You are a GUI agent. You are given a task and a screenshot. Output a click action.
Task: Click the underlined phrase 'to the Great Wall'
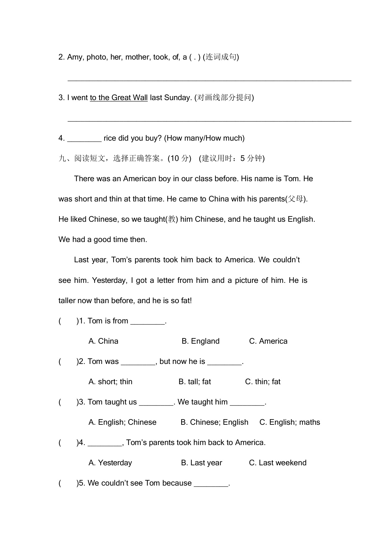pyautogui.click(x=119, y=98)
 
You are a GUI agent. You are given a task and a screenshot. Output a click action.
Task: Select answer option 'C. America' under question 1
pyautogui.click(x=268, y=341)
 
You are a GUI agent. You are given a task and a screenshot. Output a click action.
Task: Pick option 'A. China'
pyautogui.click(x=103, y=341)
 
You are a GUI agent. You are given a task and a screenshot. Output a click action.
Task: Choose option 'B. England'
pyautogui.click(x=201, y=341)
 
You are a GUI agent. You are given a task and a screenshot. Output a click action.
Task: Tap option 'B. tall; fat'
pyautogui.click(x=195, y=382)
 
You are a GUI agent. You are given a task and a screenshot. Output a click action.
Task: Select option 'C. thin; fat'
pyautogui.click(x=263, y=382)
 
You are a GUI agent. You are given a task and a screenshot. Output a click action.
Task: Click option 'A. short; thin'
pyautogui.click(x=110, y=382)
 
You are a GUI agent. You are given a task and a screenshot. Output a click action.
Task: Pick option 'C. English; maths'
pyautogui.click(x=290, y=422)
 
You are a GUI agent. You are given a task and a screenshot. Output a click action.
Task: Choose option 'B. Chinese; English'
pyautogui.click(x=214, y=422)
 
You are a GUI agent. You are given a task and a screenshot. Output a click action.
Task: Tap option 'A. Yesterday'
pyautogui.click(x=110, y=463)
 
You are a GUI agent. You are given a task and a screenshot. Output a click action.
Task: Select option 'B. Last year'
pyautogui.click(x=201, y=463)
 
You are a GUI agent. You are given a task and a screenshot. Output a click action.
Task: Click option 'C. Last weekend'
pyautogui.click(x=278, y=463)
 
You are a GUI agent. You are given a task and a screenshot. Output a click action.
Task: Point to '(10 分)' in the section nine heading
pyautogui.click(x=179, y=158)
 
